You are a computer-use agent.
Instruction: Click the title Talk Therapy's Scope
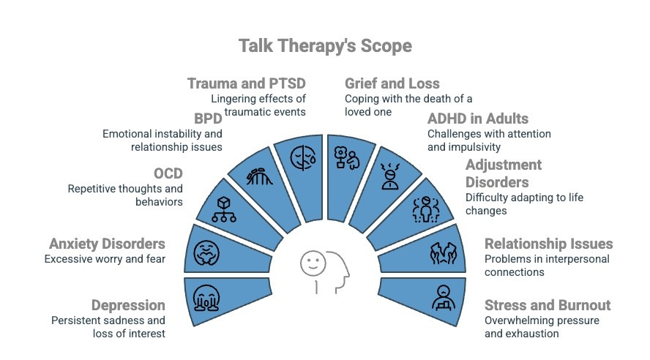click(x=325, y=46)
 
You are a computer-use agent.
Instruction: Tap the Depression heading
click(x=128, y=305)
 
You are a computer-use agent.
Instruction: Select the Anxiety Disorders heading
click(x=107, y=244)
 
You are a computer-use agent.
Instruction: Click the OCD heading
click(x=168, y=174)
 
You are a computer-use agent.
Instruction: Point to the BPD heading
click(x=208, y=119)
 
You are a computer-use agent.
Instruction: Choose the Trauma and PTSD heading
click(x=246, y=83)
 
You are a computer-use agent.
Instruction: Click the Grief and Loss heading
click(x=392, y=83)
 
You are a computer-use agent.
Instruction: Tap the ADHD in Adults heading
click(x=477, y=119)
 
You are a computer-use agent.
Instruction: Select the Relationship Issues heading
click(x=548, y=244)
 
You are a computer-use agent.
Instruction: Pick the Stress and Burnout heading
click(x=548, y=305)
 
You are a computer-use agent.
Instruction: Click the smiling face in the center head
click(x=313, y=263)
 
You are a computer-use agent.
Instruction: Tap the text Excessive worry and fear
click(x=105, y=259)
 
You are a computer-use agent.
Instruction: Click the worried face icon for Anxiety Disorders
click(x=206, y=252)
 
